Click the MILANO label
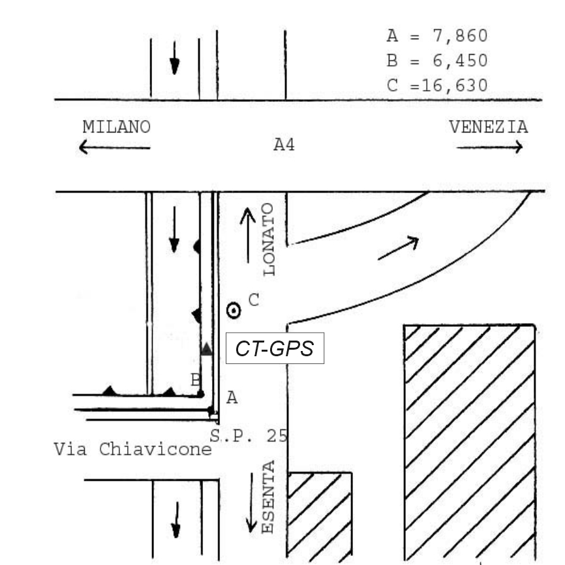click(x=116, y=127)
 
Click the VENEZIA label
click(x=489, y=127)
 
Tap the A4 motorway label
click(x=283, y=145)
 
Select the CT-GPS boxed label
click(x=275, y=349)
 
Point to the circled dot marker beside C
click(x=233, y=311)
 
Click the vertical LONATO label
click(x=269, y=238)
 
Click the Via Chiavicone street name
click(x=133, y=450)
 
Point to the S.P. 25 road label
click(x=249, y=436)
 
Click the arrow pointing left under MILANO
click(x=114, y=147)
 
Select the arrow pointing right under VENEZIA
click(x=489, y=147)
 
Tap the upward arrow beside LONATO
click(x=247, y=235)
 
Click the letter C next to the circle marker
click(x=254, y=300)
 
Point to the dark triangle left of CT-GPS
click(x=206, y=349)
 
